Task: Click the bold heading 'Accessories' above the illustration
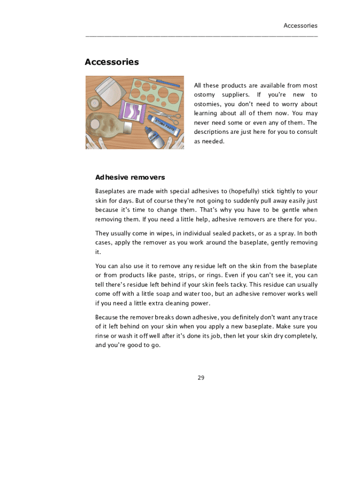coord(112,62)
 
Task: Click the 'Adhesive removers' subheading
coord(130,177)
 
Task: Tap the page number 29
coord(201,377)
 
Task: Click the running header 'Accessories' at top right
coord(300,26)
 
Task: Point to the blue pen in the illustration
coord(164,82)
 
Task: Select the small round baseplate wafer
coord(95,102)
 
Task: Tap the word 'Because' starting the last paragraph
coord(108,317)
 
